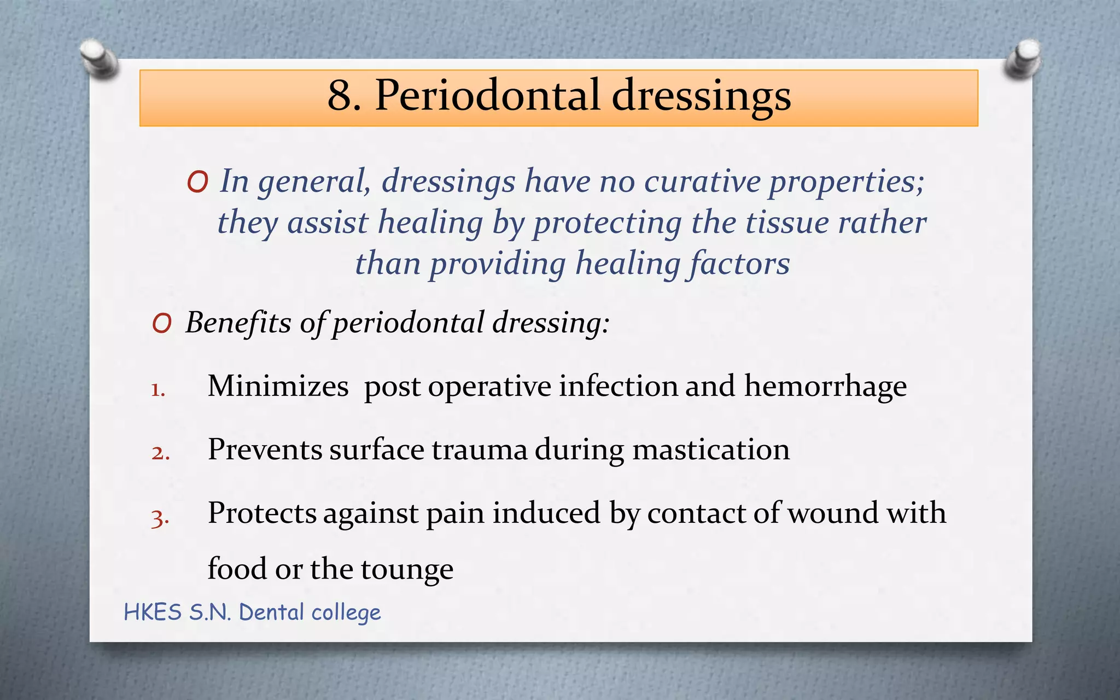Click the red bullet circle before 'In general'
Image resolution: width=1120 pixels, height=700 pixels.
click(197, 182)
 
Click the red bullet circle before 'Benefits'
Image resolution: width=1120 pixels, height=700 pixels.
click(162, 324)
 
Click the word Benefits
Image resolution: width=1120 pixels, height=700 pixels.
click(238, 322)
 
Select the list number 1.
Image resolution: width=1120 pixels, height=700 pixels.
click(157, 390)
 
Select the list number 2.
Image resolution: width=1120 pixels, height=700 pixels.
click(160, 453)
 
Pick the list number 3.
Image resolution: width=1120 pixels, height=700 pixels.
click(159, 517)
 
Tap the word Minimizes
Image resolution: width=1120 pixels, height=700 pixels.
click(278, 386)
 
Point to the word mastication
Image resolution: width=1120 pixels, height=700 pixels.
click(711, 450)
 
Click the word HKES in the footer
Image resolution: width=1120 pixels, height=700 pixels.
click(153, 612)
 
